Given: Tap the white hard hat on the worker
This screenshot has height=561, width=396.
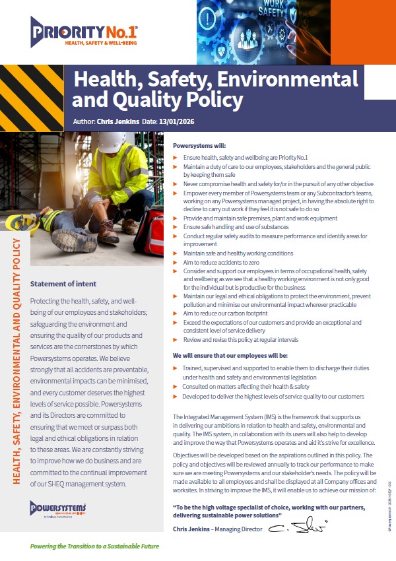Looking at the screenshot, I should [x=112, y=142].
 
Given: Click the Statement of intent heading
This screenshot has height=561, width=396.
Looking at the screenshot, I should [x=63, y=284].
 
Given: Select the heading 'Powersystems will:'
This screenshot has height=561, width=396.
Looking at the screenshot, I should [x=199, y=145].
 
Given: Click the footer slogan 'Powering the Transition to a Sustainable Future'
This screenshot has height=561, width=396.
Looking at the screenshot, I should [x=95, y=546].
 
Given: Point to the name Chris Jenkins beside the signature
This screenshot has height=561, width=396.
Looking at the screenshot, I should [x=195, y=529].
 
